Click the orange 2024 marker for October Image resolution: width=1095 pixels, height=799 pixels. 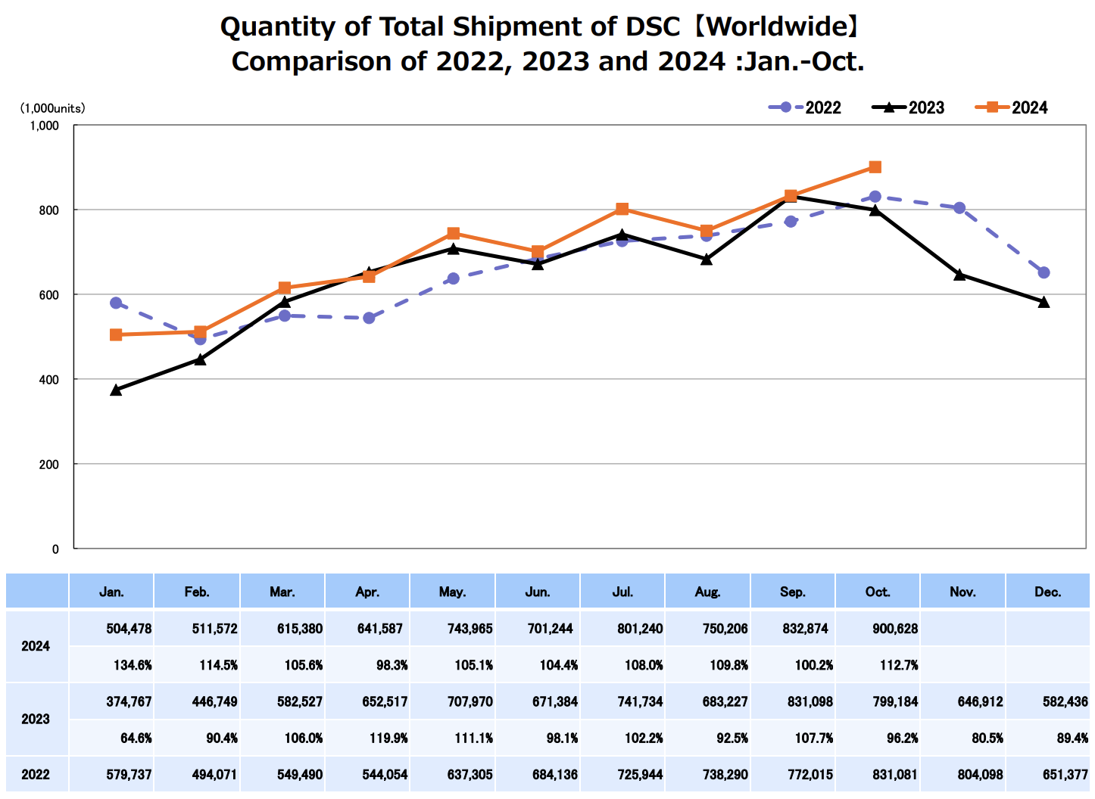coord(875,167)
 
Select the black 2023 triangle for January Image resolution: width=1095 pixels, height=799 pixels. coord(116,390)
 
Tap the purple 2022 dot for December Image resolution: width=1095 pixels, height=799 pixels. coord(1044,272)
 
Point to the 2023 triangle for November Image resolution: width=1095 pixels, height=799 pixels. coord(959,275)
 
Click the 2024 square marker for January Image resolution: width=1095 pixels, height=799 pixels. coord(116,334)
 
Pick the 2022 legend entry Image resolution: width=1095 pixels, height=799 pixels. coord(804,107)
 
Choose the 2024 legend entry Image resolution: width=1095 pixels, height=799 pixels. coord(1012,107)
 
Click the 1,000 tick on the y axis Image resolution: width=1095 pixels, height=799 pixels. coord(45,126)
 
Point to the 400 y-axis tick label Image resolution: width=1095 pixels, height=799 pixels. coord(49,379)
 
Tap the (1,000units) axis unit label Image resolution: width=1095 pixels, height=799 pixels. coord(52,108)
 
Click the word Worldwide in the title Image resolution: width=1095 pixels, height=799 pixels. coord(777,27)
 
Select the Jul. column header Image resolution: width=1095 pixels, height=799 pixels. coord(622,592)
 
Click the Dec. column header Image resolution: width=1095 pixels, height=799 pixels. coord(1047,592)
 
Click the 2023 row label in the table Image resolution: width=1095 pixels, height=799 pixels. coord(36,719)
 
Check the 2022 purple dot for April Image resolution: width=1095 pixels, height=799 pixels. coord(369,318)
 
